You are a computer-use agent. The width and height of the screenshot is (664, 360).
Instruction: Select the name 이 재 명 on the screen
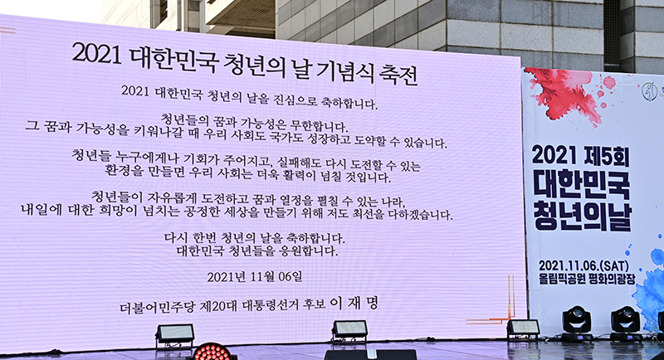[x=354, y=303]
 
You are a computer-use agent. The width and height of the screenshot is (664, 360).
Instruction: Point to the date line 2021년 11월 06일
[x=255, y=277]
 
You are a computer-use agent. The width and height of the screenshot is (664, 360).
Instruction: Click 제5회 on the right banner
[x=607, y=156]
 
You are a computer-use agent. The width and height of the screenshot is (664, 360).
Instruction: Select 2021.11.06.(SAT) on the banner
[x=583, y=265]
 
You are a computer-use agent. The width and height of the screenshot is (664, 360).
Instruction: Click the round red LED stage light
[x=212, y=352]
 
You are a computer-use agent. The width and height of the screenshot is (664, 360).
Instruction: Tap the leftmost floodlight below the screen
[x=175, y=333]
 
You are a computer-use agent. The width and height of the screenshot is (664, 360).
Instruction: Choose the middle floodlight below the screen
[x=349, y=329]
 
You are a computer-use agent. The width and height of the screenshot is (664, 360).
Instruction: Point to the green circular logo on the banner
[x=649, y=91]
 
